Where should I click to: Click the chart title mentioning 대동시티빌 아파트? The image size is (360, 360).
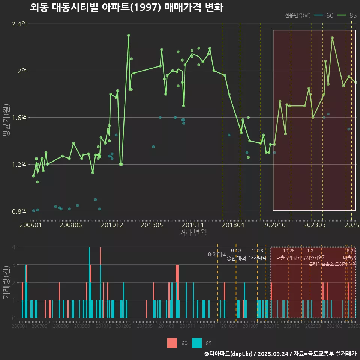[x=126, y=7]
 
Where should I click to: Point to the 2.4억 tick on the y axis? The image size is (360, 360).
[x=19, y=24]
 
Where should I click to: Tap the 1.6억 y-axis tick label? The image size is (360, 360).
[x=19, y=118]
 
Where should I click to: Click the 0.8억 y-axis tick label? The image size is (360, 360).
[x=19, y=211]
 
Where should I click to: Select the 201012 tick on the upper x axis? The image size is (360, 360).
[x=112, y=225]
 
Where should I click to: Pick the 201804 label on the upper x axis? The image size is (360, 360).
[x=233, y=225]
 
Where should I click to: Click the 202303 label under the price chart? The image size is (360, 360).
[x=313, y=225]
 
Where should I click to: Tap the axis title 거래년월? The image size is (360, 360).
[x=193, y=233]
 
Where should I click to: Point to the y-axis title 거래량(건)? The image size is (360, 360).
[x=7, y=282]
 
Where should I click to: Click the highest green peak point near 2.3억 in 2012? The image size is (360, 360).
[x=128, y=36]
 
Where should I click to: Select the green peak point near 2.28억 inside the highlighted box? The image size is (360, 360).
[x=332, y=38]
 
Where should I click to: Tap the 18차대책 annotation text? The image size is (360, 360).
[x=257, y=258]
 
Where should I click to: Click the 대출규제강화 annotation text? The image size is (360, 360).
[x=289, y=258]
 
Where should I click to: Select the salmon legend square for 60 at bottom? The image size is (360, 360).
[x=172, y=343]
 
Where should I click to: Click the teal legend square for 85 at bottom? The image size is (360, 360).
[x=197, y=343]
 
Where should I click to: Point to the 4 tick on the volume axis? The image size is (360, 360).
[x=14, y=247]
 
